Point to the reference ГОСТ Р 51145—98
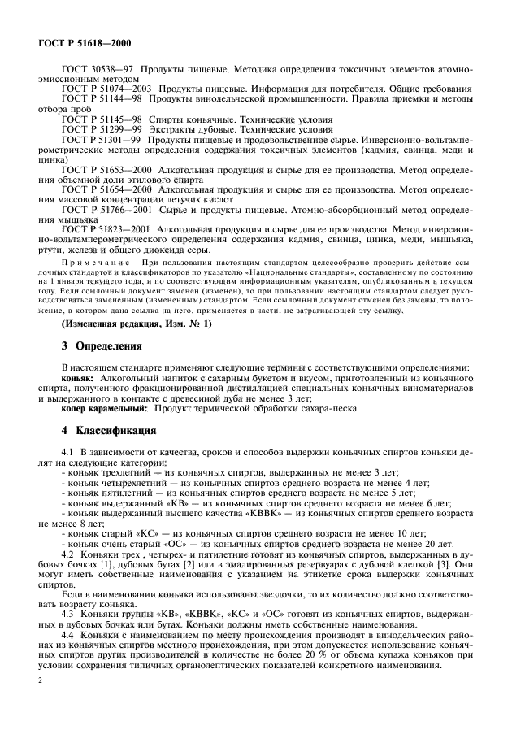100,118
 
